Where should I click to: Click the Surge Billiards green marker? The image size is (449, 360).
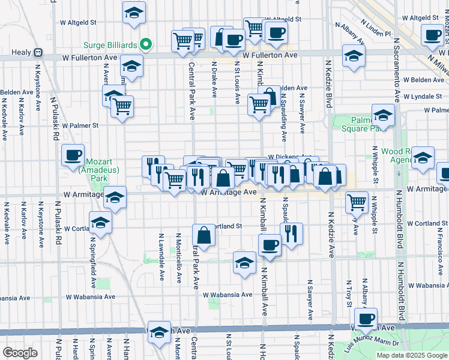point(145,44)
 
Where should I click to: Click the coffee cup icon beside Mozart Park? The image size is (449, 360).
point(73,155)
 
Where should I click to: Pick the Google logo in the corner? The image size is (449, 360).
point(20,353)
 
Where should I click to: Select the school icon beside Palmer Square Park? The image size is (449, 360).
point(383,114)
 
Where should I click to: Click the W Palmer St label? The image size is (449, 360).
point(79,125)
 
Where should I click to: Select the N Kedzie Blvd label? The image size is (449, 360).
point(329,81)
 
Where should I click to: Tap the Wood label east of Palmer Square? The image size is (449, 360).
point(393,152)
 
